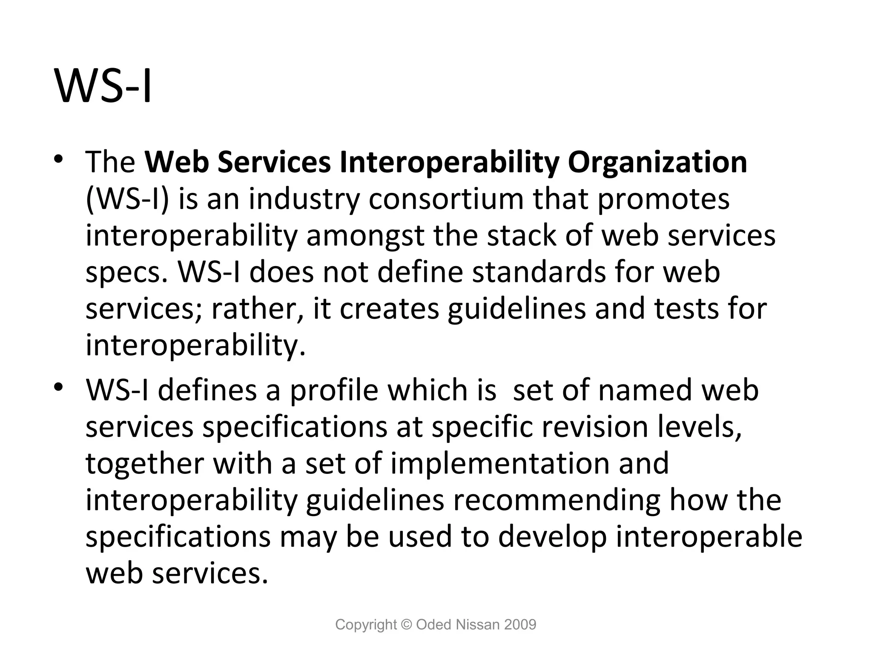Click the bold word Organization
(657, 163)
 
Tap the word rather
(257, 309)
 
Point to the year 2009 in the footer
(520, 625)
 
